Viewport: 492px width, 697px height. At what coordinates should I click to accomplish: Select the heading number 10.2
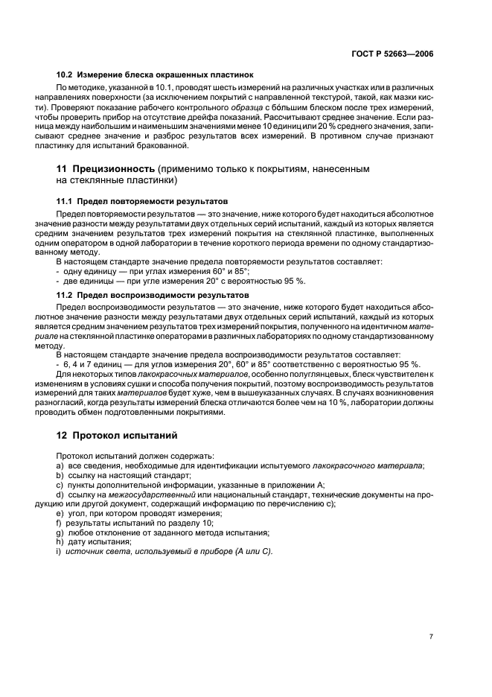65,74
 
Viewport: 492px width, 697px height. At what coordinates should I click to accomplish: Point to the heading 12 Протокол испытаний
118,435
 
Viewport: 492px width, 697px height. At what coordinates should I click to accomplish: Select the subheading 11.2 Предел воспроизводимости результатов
142,295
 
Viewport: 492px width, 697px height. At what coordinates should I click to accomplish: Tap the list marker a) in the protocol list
60,465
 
